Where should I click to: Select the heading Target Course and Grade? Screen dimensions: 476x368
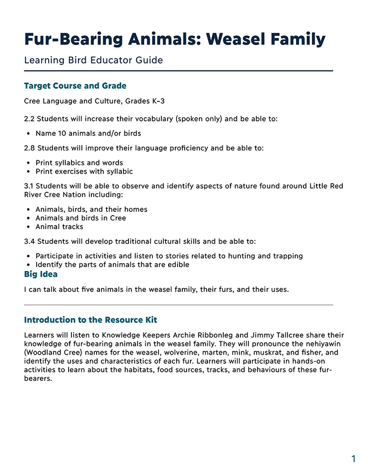[x=75, y=86]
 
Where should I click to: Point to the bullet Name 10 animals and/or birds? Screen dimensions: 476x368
[x=88, y=133]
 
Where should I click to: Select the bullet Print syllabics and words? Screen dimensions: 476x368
[x=79, y=163]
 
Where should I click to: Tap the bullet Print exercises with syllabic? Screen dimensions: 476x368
[x=84, y=171]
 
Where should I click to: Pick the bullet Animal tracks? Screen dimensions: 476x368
[x=59, y=227]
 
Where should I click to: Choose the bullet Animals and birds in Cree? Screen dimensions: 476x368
[x=80, y=218]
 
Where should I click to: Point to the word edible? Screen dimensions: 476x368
[x=177, y=265]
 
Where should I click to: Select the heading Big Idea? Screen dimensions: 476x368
[x=41, y=274]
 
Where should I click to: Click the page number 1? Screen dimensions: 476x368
[x=353, y=459]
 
